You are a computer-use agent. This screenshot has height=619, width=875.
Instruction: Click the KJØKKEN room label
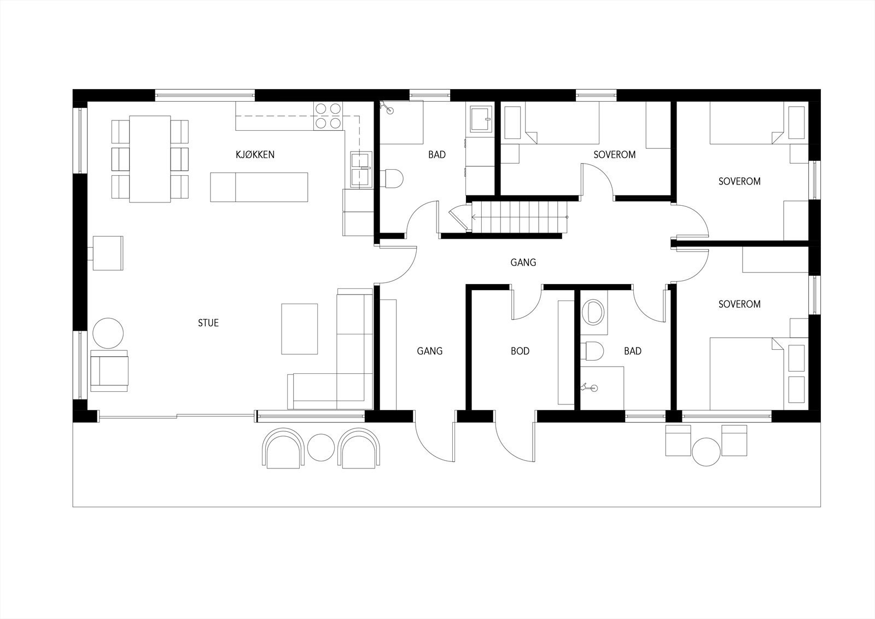click(x=255, y=155)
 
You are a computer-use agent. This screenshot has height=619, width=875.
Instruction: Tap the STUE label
click(x=208, y=323)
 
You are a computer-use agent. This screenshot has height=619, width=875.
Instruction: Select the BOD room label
click(x=520, y=351)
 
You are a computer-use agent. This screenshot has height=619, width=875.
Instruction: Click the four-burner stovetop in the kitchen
click(x=328, y=116)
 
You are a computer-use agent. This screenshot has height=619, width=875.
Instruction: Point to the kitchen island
click(x=259, y=187)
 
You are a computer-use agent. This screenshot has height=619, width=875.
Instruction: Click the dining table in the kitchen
click(x=150, y=159)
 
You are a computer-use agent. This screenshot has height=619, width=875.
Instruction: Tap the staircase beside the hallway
click(x=520, y=217)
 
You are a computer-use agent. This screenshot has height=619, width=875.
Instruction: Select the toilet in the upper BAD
click(x=393, y=177)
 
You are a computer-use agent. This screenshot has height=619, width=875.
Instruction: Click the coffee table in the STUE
click(x=299, y=329)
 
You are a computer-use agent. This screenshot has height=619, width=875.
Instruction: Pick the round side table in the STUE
click(x=108, y=333)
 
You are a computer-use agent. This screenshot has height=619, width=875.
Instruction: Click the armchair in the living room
click(x=109, y=370)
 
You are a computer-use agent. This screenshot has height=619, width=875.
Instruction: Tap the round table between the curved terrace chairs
click(x=320, y=447)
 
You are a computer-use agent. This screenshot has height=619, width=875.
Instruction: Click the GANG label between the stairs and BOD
click(x=523, y=263)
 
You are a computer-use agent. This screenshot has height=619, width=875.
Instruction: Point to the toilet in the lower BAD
click(x=593, y=351)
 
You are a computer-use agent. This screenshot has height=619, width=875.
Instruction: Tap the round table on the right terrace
click(x=706, y=452)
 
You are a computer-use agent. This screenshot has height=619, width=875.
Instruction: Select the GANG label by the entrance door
click(x=430, y=351)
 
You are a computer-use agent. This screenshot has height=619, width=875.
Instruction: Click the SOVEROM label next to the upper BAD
click(x=615, y=155)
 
